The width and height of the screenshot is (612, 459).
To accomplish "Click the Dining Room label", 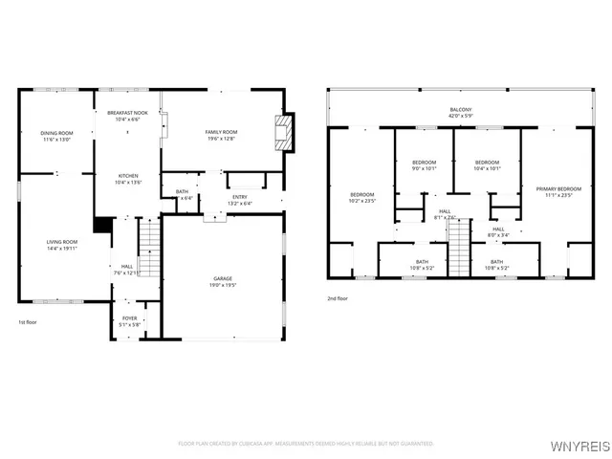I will [x=56, y=136].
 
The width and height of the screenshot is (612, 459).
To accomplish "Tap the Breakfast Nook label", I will [x=126, y=117].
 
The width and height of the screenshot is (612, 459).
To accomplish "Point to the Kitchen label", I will [x=128, y=179].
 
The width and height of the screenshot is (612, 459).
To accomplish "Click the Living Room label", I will [x=62, y=245].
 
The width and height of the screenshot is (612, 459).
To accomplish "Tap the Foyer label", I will [x=129, y=321].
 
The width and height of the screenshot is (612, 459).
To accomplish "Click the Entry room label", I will [x=239, y=200].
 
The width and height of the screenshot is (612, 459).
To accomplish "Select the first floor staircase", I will [x=148, y=247].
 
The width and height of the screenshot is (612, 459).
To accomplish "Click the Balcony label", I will [x=460, y=113].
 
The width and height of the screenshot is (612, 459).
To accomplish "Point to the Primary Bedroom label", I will [x=558, y=191].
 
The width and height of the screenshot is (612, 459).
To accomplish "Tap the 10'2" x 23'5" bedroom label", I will [x=361, y=198].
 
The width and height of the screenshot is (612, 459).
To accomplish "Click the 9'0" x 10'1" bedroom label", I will [x=424, y=165].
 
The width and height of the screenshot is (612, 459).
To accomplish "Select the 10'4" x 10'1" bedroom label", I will [x=487, y=165].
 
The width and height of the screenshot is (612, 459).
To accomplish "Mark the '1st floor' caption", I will [x=29, y=323].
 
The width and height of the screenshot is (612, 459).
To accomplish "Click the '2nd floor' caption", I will [x=339, y=298].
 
